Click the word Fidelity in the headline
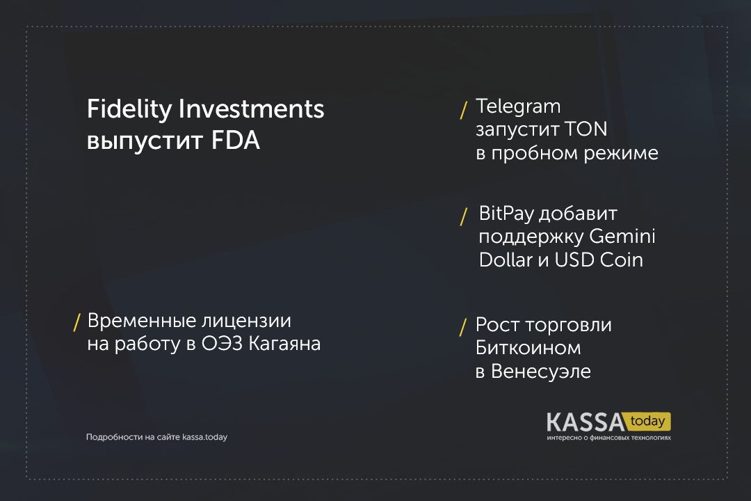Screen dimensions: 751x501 pyautogui.click(x=129, y=109)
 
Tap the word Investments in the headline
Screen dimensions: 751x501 pyautogui.click(x=252, y=109)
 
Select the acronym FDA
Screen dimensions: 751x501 pyautogui.click(x=236, y=141)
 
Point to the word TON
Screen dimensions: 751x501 pyautogui.click(x=586, y=129)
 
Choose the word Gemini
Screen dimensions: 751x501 pyautogui.click(x=622, y=236)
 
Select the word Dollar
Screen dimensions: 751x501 pyautogui.click(x=506, y=260)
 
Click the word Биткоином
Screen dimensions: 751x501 pyautogui.click(x=528, y=348)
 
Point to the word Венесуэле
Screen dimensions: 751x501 pyautogui.click(x=541, y=372)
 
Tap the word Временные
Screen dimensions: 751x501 pyautogui.click(x=142, y=321)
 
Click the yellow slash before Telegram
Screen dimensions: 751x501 pyautogui.click(x=463, y=110)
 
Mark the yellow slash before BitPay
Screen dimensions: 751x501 pyautogui.click(x=463, y=216)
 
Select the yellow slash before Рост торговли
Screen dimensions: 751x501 pyautogui.click(x=463, y=328)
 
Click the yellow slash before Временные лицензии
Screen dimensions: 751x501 pyautogui.click(x=76, y=322)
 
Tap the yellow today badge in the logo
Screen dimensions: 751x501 pyautogui.click(x=647, y=422)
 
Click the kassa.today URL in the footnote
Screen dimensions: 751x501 pyautogui.click(x=204, y=437)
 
